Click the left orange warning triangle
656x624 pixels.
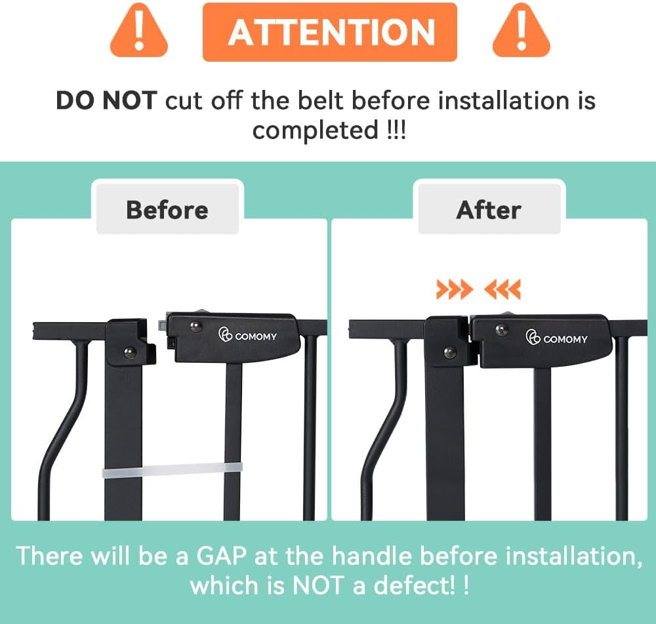coord(139,31)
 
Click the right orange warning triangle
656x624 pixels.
coord(522,31)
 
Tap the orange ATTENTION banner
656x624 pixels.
coord(330,32)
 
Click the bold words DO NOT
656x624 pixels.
coord(106,101)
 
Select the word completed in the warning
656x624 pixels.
coord(316,130)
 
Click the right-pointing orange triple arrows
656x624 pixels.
coord(455,289)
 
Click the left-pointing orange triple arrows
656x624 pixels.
coord(502,289)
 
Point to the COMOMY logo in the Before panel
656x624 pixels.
coord(247,335)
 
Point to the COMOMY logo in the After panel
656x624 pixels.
coord(556,338)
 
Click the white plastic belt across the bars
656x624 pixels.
coord(173,470)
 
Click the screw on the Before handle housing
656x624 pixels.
coord(195,326)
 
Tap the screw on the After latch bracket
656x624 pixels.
coord(450,352)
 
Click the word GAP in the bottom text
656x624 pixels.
coord(221,556)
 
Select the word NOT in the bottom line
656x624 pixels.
coord(318,585)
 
